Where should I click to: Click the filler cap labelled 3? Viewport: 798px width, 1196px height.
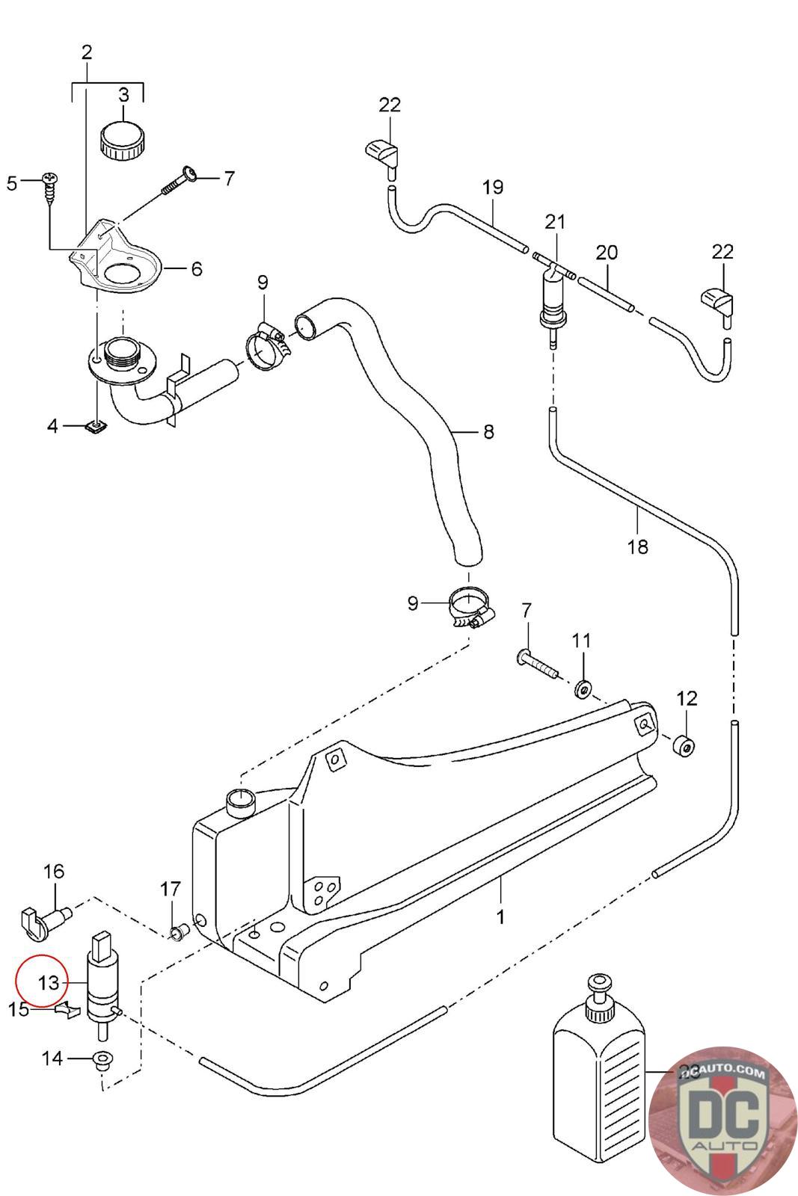pyautogui.click(x=123, y=139)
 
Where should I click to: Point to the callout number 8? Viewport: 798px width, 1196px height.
pyautogui.click(x=488, y=432)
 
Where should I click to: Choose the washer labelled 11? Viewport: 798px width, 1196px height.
pyautogui.click(x=582, y=687)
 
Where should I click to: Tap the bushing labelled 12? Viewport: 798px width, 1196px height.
pyautogui.click(x=684, y=746)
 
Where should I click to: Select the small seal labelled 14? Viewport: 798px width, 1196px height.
pyautogui.click(x=101, y=1060)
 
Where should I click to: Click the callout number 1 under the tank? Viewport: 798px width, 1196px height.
pyautogui.click(x=500, y=916)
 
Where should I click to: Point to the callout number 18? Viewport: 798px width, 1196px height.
pyautogui.click(x=637, y=547)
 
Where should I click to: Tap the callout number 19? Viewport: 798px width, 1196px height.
pyautogui.click(x=493, y=187)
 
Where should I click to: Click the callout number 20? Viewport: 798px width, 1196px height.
pyautogui.click(x=607, y=253)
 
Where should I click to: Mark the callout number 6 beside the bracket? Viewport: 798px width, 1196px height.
pyautogui.click(x=196, y=268)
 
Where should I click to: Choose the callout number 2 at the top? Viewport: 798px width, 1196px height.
pyautogui.click(x=87, y=52)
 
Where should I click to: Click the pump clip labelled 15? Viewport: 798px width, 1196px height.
pyautogui.click(x=67, y=1011)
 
